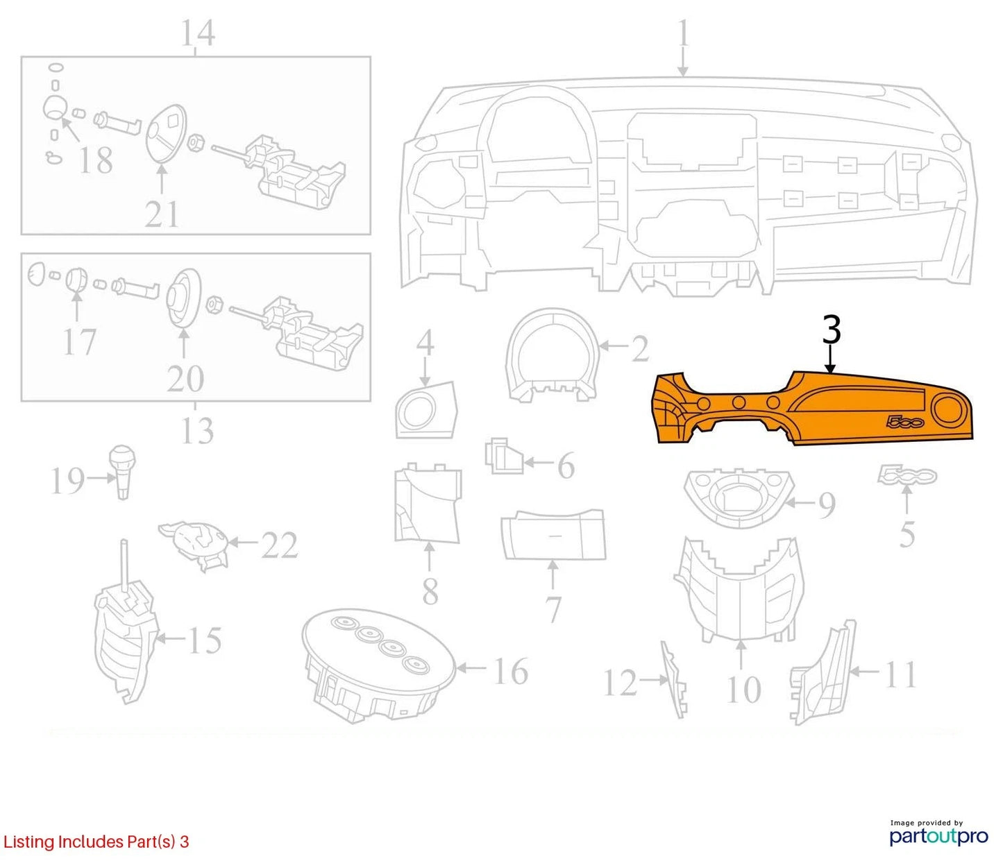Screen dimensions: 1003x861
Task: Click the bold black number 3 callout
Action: click(x=832, y=330)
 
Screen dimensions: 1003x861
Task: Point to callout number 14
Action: click(x=198, y=33)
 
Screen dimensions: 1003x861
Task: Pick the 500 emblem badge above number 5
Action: click(x=907, y=475)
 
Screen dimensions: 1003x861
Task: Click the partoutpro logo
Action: click(x=938, y=834)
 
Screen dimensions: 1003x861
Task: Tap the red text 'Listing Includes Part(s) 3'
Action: click(x=96, y=841)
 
